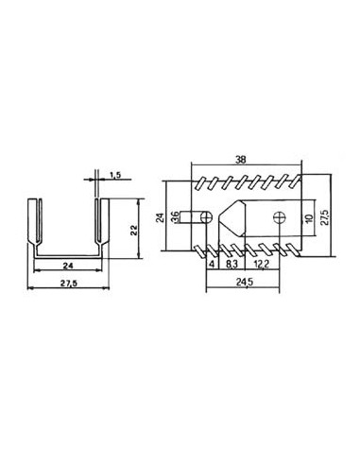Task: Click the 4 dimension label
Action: pos(211,266)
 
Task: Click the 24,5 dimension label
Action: pos(245,282)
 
